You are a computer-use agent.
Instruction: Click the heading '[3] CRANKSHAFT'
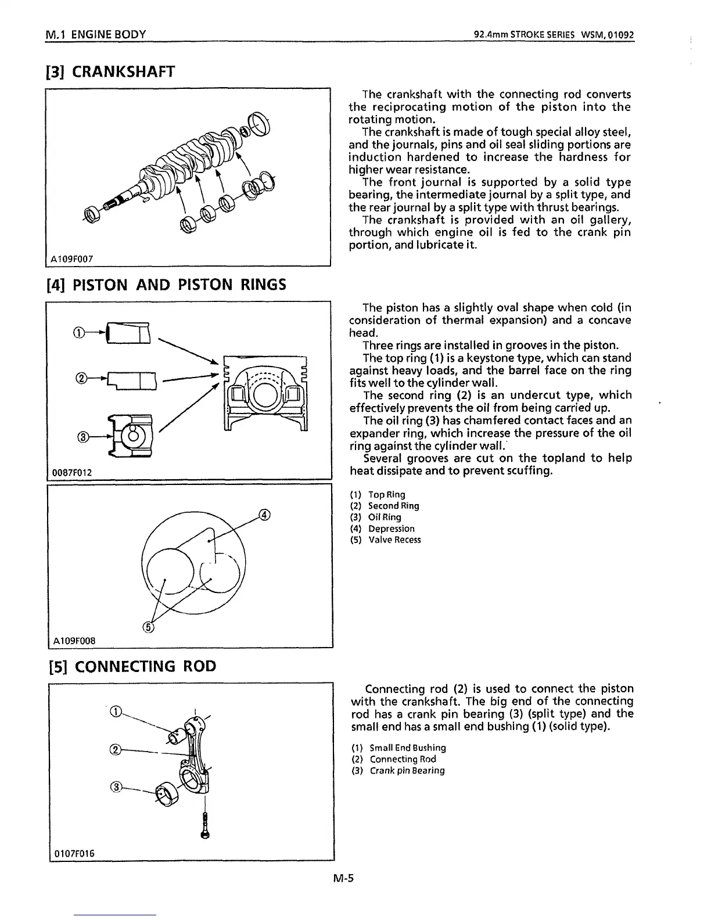pyautogui.click(x=110, y=71)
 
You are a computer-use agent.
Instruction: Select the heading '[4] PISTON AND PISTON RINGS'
pyautogui.click(x=166, y=285)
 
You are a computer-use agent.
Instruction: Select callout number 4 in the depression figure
pyautogui.click(x=264, y=515)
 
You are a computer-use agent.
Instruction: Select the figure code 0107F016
pyautogui.click(x=74, y=853)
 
